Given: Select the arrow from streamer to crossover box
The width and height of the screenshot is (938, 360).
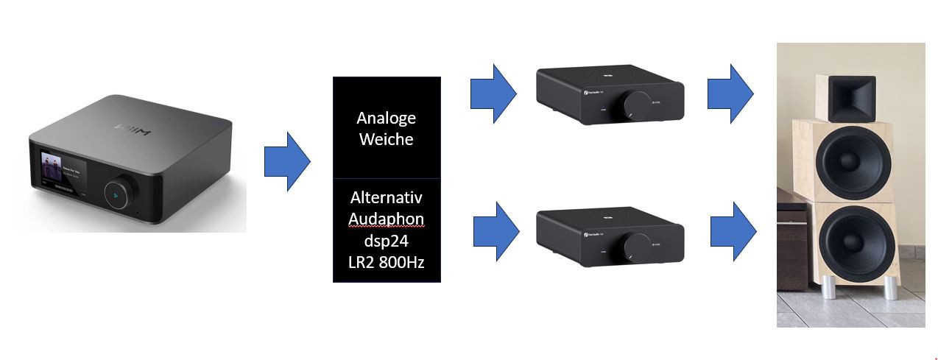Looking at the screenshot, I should coord(287,161).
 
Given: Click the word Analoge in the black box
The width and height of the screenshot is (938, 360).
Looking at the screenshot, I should coord(386,118).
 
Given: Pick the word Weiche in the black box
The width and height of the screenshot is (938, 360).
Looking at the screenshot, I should coord(386,139).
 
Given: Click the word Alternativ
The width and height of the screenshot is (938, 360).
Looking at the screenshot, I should coord(387,198).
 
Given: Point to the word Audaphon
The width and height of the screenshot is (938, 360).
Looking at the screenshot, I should coord(387,219).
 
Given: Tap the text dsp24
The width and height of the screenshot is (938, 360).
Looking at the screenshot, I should coord(387,241).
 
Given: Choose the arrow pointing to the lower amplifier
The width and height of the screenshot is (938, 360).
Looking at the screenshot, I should coord(496,229).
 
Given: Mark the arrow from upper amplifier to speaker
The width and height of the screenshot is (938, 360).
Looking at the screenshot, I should coord(730,94).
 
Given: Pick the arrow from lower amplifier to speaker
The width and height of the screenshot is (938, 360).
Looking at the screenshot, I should coord(733,230).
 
